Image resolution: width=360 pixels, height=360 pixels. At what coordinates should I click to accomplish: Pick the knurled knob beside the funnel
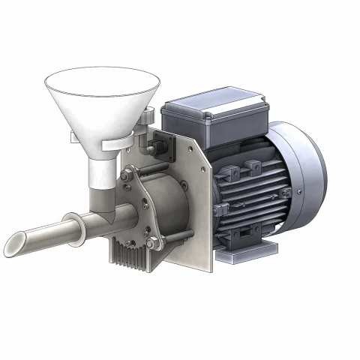click(148, 117)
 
